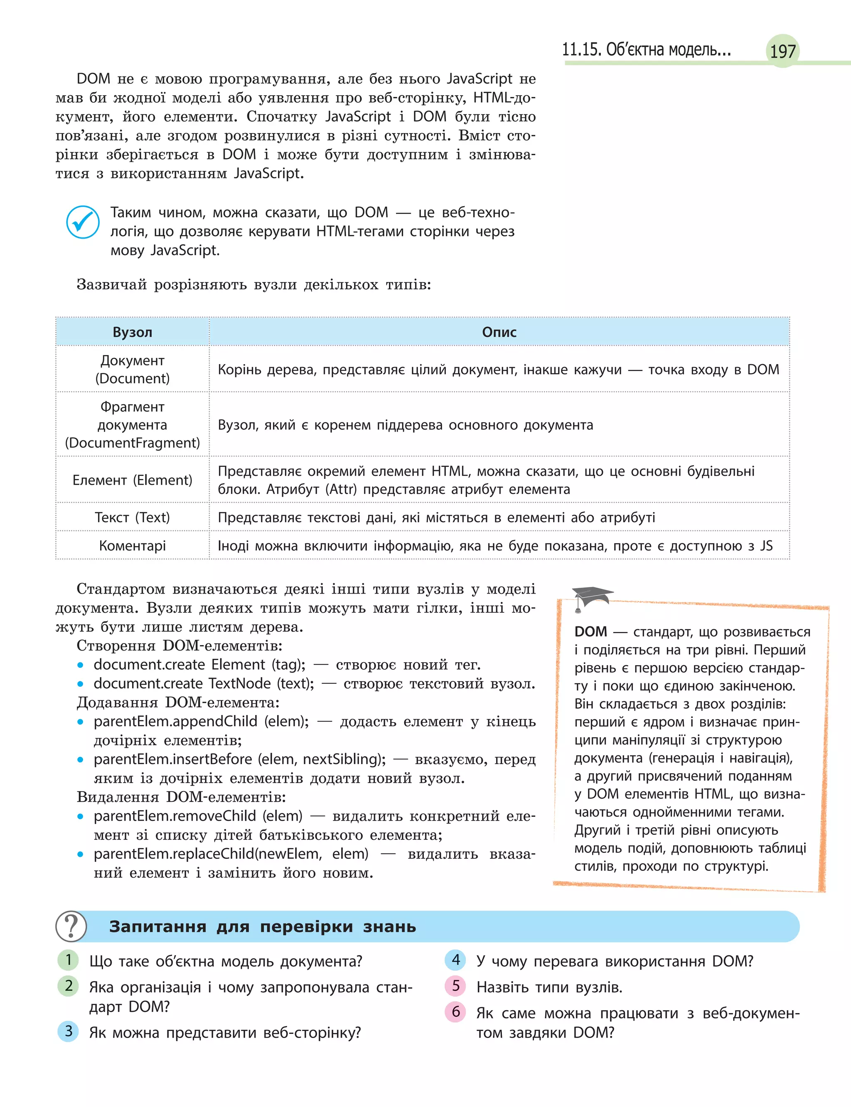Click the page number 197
pos(782,51)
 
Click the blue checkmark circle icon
pos(83,222)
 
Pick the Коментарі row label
pos(132,546)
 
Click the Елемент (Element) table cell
pos(132,480)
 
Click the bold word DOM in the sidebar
pos(590,632)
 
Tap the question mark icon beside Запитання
pos(71,926)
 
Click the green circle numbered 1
pos(69,959)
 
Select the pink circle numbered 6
pos(455,1012)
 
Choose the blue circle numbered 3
pos(69,1031)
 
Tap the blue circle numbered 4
pos(455,959)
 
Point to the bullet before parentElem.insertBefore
pos(80,759)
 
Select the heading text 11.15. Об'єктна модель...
pos(646,49)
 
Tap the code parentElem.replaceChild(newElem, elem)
pos(231,854)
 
